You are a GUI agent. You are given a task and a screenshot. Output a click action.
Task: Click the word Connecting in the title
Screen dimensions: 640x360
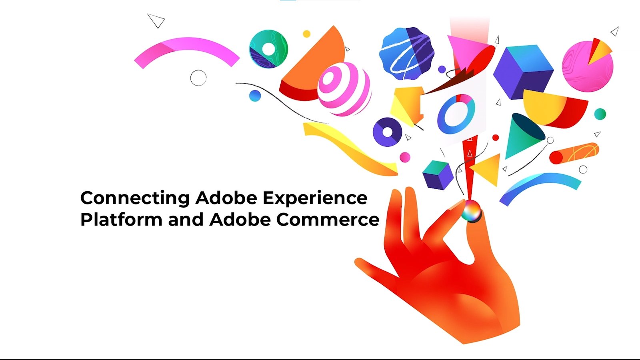point(135,198)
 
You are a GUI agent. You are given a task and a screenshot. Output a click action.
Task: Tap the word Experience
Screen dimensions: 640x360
point(315,198)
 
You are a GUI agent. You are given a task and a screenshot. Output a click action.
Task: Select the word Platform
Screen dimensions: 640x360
point(122,220)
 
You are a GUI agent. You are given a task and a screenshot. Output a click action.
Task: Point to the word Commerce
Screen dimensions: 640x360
point(328,220)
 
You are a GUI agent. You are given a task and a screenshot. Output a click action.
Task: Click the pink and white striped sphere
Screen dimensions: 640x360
point(344,89)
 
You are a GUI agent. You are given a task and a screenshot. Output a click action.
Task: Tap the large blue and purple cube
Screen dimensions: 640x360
point(524,72)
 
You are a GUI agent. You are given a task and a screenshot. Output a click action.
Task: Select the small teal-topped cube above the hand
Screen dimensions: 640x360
point(438,175)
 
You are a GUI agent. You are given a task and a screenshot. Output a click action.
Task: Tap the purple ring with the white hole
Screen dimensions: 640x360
point(388,132)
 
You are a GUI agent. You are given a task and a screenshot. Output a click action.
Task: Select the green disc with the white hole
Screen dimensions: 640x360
point(268,49)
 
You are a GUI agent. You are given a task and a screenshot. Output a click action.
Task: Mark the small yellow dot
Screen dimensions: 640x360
point(306,34)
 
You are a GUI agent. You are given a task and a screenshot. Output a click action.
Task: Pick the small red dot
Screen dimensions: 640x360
point(496,138)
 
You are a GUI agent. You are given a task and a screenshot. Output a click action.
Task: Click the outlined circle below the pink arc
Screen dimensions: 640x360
point(198,78)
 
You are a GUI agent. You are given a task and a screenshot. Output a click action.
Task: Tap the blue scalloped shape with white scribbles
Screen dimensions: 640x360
point(407,54)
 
